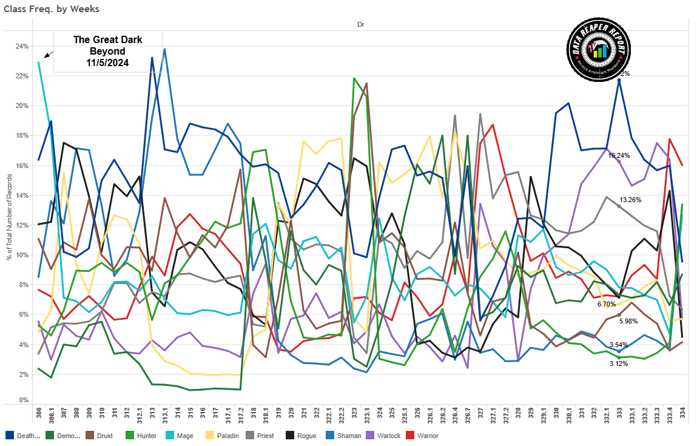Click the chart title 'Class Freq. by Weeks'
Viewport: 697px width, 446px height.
tap(52, 9)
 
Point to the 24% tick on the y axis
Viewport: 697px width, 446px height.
tap(21, 46)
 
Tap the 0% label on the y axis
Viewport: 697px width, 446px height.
tap(23, 400)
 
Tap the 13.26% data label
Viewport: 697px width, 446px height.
tap(630, 200)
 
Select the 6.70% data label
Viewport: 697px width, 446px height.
tap(607, 304)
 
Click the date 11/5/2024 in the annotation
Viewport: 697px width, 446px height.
tap(107, 63)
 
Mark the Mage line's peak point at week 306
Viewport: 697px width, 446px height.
tap(39, 62)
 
